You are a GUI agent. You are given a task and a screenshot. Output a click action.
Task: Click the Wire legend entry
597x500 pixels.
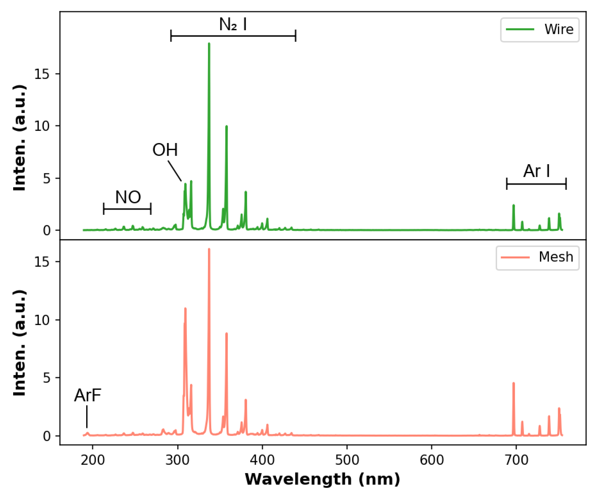coord(539,30)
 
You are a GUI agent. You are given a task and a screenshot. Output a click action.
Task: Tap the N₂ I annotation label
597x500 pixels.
coord(233,24)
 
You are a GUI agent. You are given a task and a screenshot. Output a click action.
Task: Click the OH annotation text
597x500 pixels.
coord(165,150)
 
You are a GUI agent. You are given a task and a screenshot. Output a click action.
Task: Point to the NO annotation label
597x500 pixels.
coord(128,197)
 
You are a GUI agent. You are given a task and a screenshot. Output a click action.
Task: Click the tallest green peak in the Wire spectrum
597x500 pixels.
coord(209,44)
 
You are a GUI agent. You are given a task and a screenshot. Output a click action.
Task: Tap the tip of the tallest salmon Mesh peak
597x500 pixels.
coord(209,249)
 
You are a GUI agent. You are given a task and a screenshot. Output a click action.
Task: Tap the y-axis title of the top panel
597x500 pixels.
coord(20,138)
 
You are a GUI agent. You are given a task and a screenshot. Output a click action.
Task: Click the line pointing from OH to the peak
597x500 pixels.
coord(174,171)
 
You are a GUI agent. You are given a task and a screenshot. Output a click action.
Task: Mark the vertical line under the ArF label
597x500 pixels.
coord(87,416)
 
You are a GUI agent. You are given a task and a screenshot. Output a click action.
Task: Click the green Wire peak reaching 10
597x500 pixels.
coord(227,127)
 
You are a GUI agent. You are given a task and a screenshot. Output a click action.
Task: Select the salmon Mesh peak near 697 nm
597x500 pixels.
coord(514,384)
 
